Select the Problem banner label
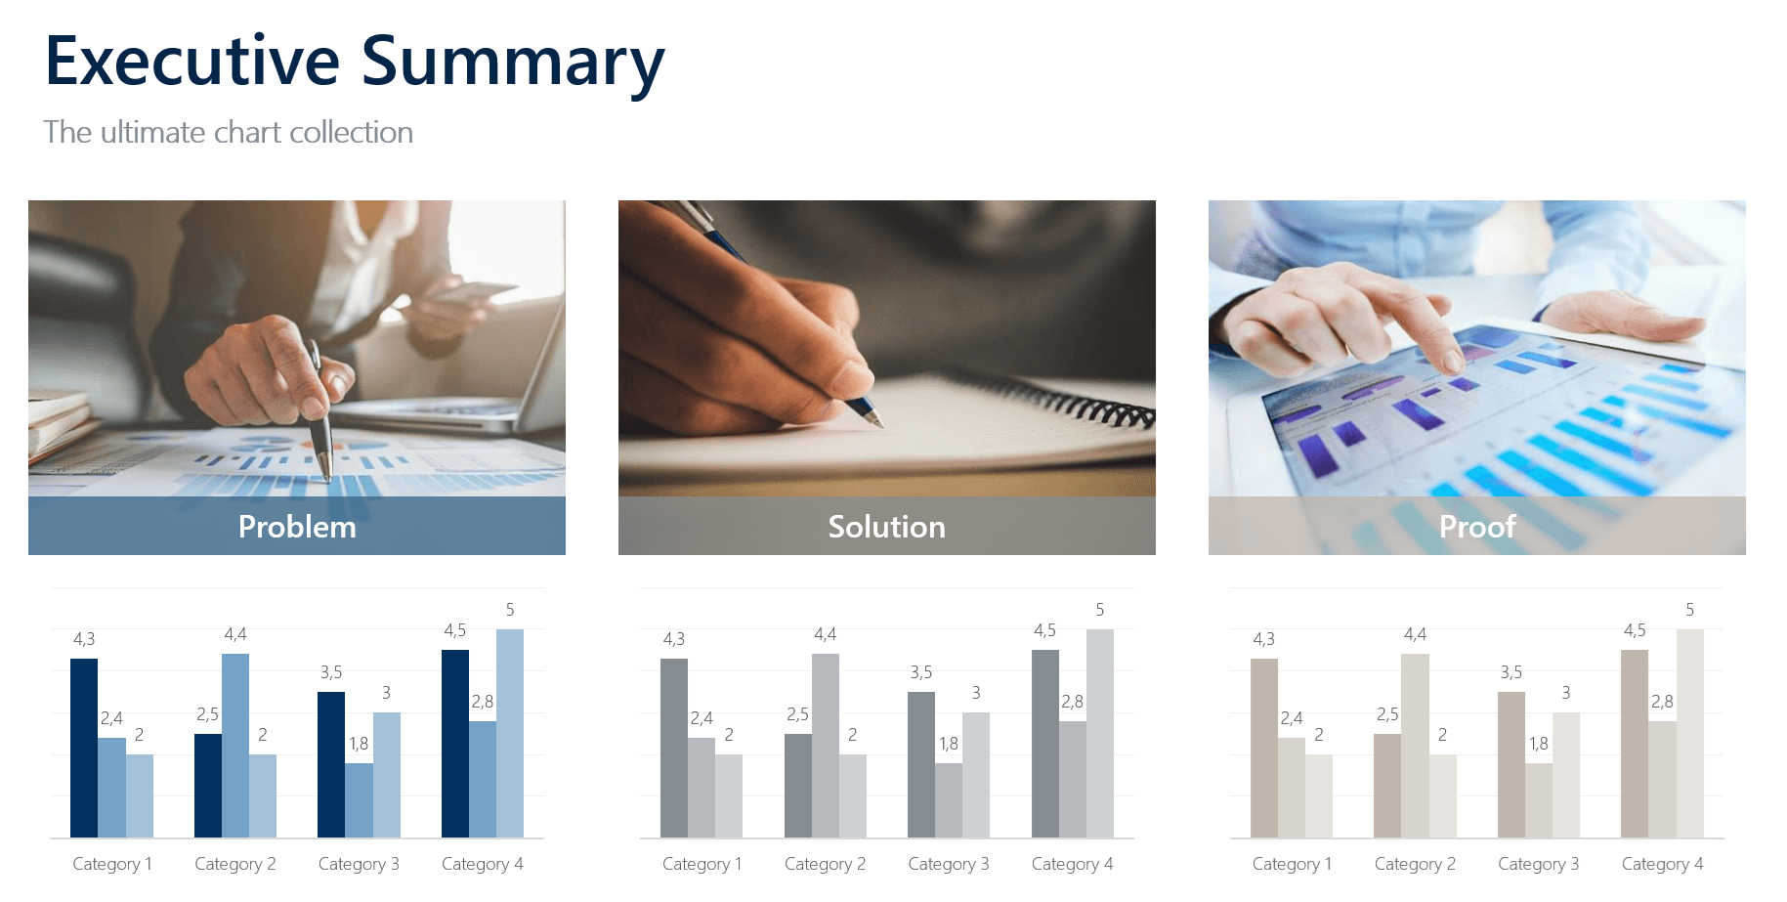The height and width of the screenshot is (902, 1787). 297,527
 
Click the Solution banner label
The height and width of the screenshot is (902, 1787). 886,527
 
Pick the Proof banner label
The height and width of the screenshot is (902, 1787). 1476,527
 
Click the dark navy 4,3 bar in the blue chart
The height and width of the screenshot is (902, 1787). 84,748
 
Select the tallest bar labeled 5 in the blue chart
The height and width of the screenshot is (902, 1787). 510,733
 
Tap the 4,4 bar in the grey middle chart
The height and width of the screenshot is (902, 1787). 826,745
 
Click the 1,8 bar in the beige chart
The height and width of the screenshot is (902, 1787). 1539,800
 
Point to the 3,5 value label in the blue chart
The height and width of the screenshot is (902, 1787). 331,672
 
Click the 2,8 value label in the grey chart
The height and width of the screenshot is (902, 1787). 1072,702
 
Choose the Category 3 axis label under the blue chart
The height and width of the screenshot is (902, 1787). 359,864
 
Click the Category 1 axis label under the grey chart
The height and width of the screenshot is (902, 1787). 702,864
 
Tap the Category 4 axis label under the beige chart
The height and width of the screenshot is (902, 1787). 1662,864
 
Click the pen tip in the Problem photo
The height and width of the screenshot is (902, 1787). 327,478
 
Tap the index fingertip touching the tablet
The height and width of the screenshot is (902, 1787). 1454,364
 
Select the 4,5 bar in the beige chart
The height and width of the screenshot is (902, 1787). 1635,744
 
